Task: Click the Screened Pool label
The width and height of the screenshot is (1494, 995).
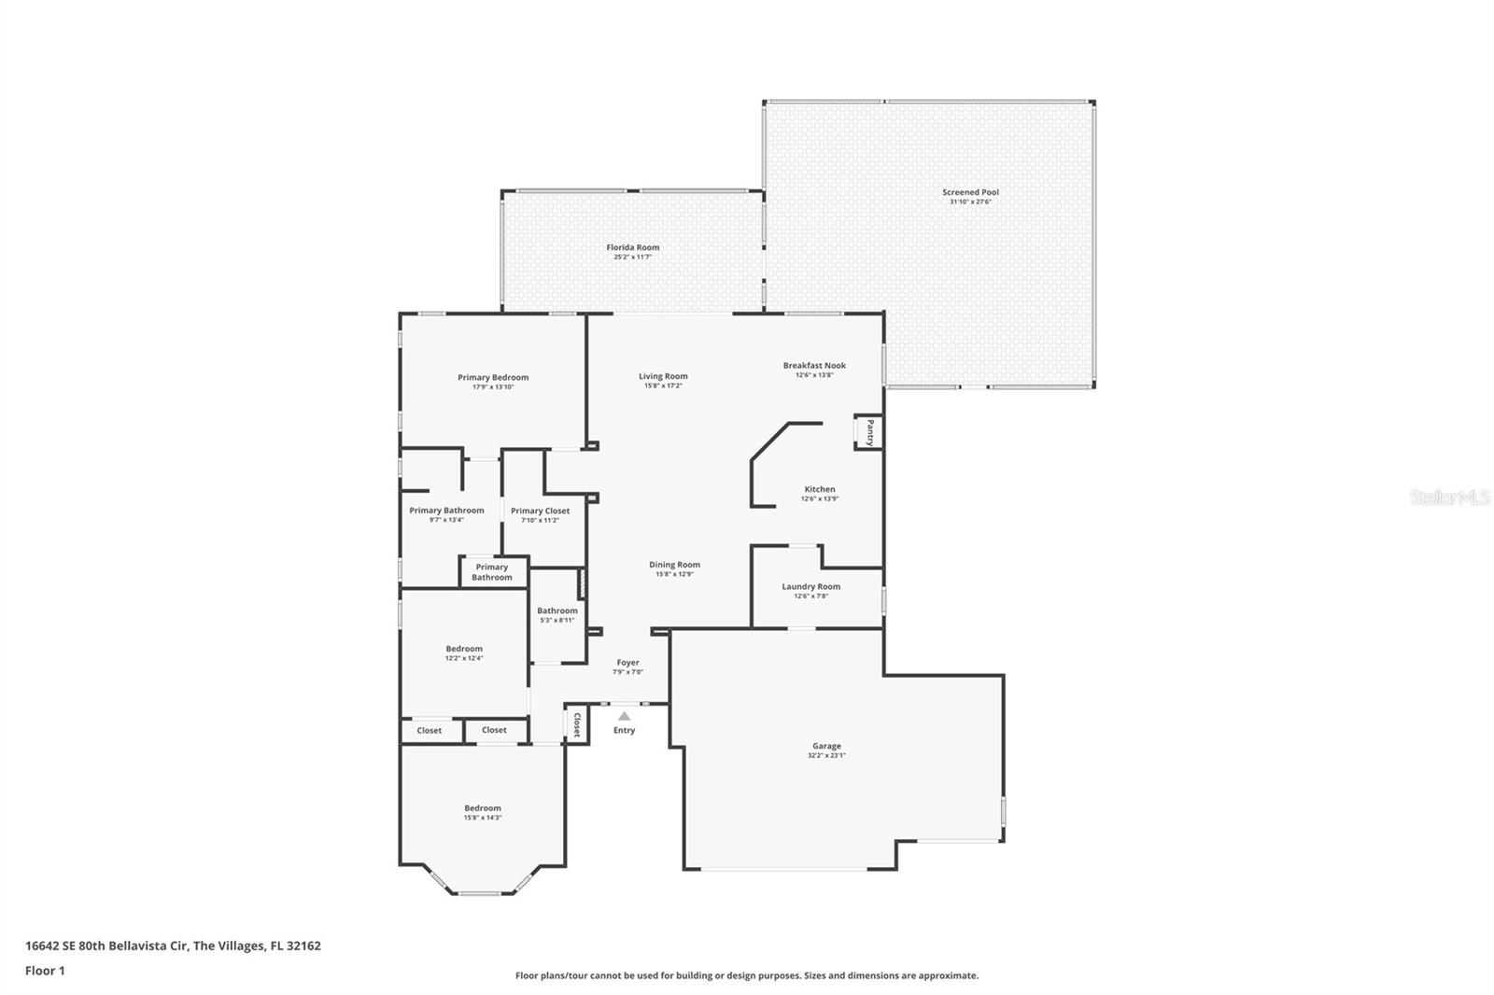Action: point(970,192)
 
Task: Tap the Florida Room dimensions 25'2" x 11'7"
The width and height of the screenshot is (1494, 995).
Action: point(632,257)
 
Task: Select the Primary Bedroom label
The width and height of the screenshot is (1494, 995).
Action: point(493,377)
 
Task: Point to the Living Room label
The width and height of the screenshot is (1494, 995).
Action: point(663,376)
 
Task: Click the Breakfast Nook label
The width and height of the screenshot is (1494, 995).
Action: point(814,365)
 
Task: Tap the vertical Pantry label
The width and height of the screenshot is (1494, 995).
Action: point(869,433)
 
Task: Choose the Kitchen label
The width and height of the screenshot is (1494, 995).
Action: point(820,489)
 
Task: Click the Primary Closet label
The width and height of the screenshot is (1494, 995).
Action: point(540,511)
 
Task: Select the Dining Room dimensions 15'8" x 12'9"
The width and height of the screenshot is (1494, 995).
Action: point(674,574)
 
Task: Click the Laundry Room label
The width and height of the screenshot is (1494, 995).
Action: point(810,586)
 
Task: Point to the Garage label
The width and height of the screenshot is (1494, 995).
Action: point(826,746)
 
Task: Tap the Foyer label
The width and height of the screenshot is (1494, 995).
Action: point(627,663)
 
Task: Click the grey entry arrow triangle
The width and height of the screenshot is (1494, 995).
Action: point(624,716)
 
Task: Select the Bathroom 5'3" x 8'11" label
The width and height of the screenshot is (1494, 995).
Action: point(557,610)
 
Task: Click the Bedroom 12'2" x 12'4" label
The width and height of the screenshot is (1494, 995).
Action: point(464,649)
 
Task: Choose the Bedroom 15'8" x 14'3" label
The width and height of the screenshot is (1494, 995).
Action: point(483,808)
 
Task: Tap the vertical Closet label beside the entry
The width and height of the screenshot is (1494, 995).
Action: point(576,724)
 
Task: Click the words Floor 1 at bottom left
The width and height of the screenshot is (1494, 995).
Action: point(45,971)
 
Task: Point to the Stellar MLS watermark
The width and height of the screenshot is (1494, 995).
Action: point(1450,497)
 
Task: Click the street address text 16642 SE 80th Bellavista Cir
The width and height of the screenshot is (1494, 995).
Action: point(106,946)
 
